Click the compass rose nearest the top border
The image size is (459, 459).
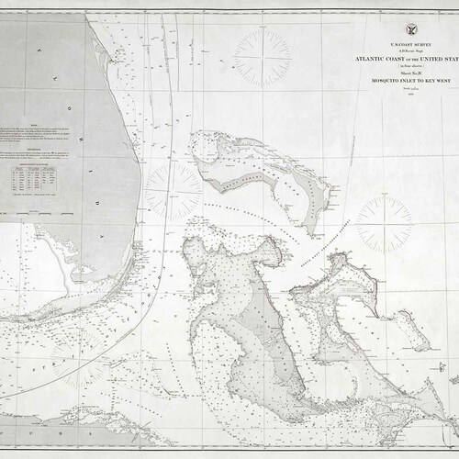263,57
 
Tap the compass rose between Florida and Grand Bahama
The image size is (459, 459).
172,192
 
